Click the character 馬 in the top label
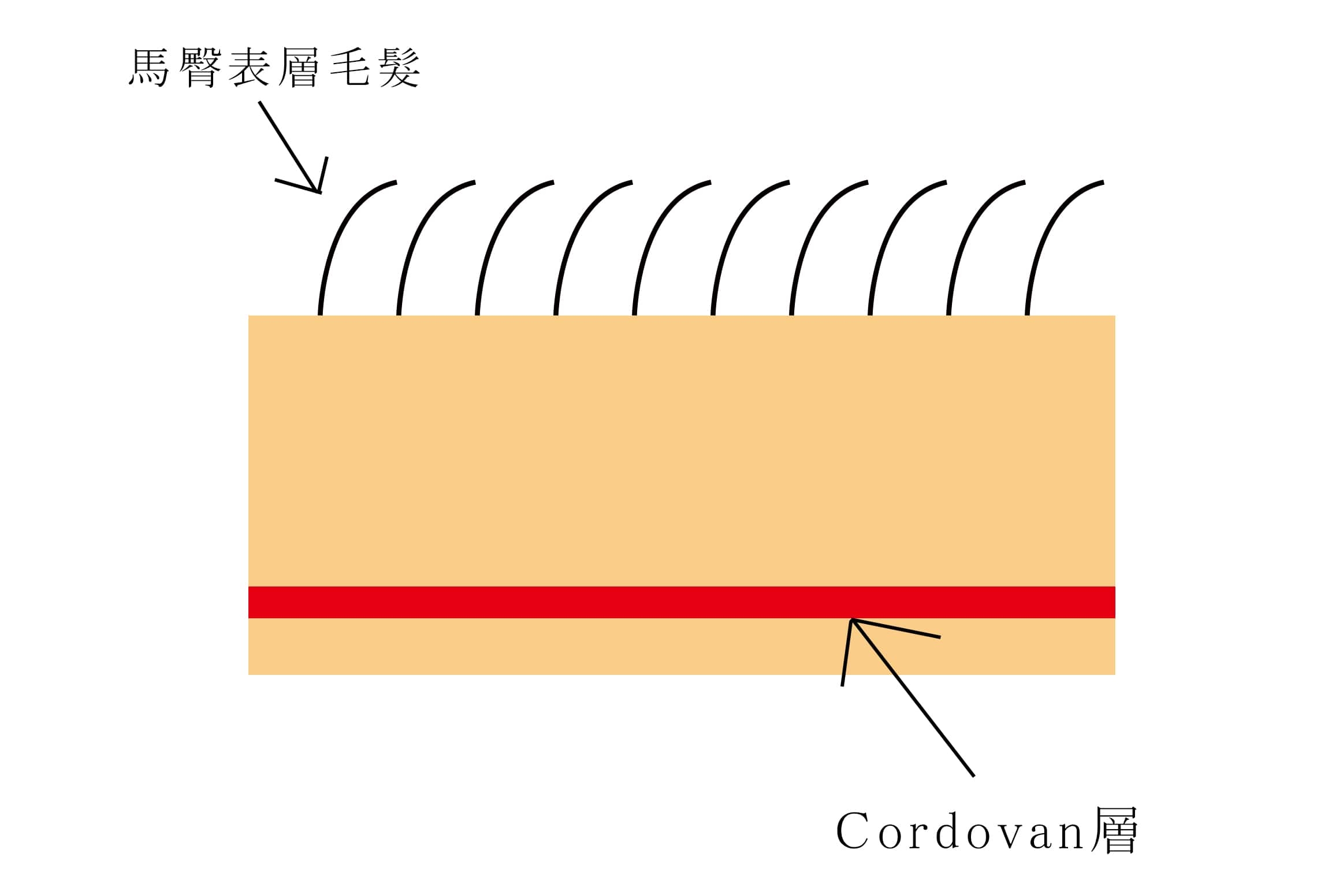[x=149, y=68]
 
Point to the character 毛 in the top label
[x=349, y=68]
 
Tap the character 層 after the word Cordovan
[x=1114, y=830]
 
